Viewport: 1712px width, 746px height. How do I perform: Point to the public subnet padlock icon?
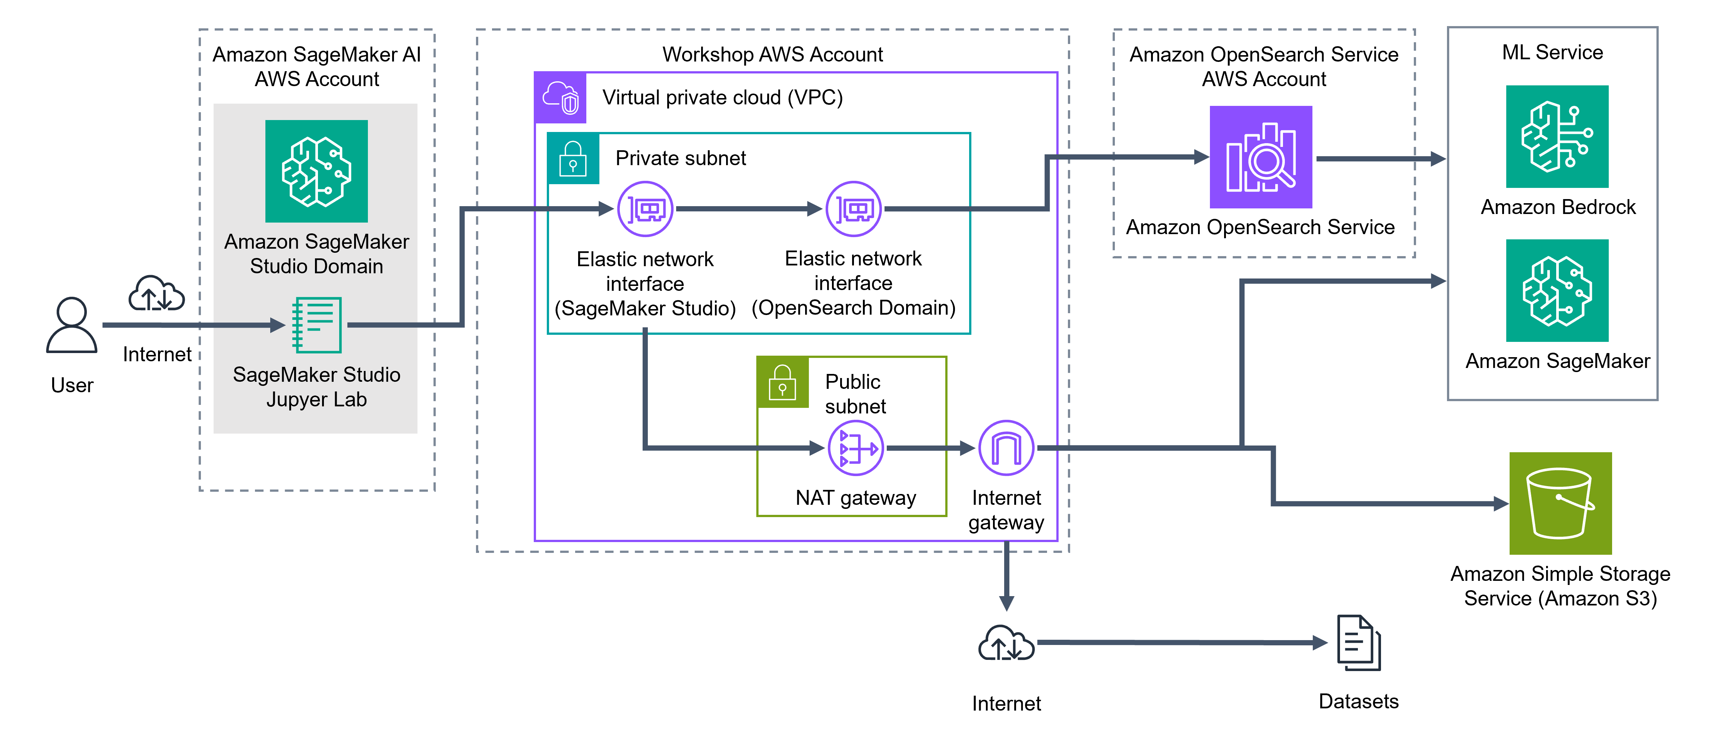tap(782, 382)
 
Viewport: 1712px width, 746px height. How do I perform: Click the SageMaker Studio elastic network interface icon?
tap(645, 209)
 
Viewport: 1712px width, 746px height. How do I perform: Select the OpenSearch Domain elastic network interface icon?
tap(853, 209)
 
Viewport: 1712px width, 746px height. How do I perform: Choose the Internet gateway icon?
tap(1006, 448)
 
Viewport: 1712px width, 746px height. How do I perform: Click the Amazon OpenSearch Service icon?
tap(1261, 157)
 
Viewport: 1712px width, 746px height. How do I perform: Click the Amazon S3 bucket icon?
tap(1560, 503)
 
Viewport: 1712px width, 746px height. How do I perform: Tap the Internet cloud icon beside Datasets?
tap(1006, 643)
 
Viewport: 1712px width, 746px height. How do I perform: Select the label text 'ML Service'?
tap(1552, 53)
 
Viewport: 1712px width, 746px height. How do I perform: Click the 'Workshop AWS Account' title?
tap(772, 54)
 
